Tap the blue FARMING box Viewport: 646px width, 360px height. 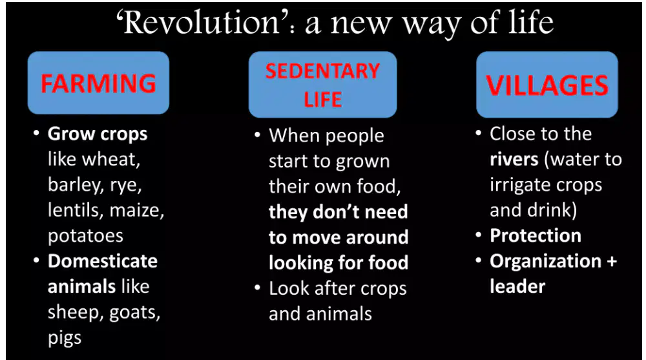(98, 83)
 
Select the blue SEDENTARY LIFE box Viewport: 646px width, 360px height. (322, 85)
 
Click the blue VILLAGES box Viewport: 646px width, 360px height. (547, 85)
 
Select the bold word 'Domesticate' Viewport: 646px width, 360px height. (103, 261)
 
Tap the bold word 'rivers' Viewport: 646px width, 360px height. (514, 159)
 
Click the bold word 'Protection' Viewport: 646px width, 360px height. (536, 235)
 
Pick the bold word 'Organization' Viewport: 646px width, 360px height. (545, 262)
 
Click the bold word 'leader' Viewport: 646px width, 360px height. (517, 286)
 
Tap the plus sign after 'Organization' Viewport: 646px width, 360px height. (612, 262)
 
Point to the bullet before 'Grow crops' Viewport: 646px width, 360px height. (37, 133)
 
